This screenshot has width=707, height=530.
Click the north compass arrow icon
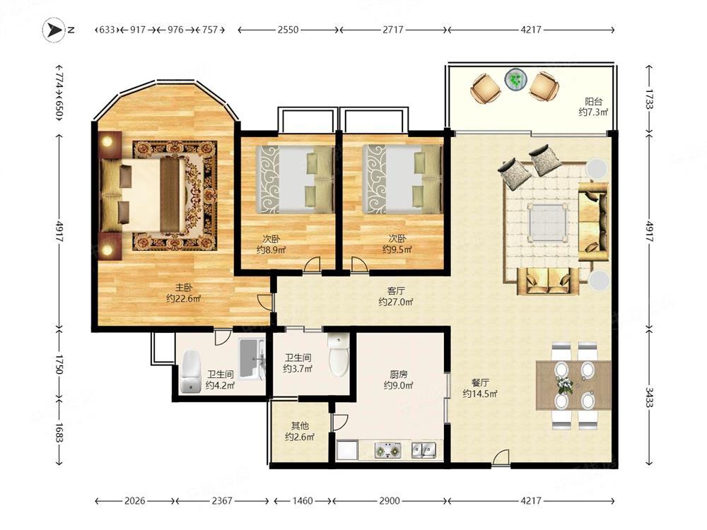pos(54,30)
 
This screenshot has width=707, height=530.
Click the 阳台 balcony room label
pos(594,102)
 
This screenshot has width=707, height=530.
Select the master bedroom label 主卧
pos(184,288)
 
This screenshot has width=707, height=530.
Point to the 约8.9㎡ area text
pos(271,249)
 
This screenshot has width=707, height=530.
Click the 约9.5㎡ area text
pos(397,249)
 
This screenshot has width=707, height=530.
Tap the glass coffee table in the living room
pos(548,223)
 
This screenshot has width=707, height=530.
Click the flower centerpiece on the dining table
pos(563,385)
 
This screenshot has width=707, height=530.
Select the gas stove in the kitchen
pos(388,450)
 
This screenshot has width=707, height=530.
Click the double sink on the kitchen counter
pos(423,449)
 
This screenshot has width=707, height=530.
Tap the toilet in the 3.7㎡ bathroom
pos(338,355)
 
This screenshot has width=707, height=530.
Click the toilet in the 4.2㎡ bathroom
pos(191,372)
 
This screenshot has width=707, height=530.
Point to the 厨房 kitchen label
pos(399,374)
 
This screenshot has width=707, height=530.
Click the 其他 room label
pos(300,425)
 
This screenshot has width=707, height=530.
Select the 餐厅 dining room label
pos(481,382)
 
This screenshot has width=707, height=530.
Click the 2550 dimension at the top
pos(288,30)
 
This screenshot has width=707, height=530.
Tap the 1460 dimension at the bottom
pos(302,501)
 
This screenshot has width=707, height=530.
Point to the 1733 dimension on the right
pos(649,99)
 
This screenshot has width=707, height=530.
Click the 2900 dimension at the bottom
pos(389,501)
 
